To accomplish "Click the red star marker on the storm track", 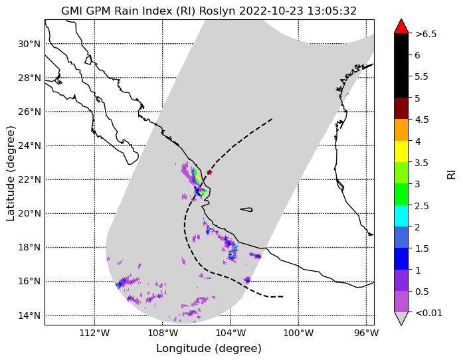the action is point(209,172).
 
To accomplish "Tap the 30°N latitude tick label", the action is point(29,45).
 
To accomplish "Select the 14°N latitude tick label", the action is point(29,315).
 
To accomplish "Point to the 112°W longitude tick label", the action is point(94,333).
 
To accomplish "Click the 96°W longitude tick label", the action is point(366,333).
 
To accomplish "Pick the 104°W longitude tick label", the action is point(231,333).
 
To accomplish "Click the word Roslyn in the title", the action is point(217,11).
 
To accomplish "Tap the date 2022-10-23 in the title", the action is point(272,11).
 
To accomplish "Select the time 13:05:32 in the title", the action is point(332,11).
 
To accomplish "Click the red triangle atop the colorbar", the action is point(401,27).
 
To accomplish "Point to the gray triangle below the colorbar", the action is point(401,317).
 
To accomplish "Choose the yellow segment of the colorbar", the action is point(401,151).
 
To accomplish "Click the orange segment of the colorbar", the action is point(401,130).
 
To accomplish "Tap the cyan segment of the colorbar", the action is point(401,216).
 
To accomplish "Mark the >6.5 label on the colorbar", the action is point(426,35).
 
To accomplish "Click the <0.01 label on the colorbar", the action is point(428,313).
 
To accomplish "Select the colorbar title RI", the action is point(452,174).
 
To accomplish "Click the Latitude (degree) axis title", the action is point(10,173).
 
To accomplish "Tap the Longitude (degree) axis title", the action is point(209,349).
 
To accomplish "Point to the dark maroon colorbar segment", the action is point(401,108).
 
